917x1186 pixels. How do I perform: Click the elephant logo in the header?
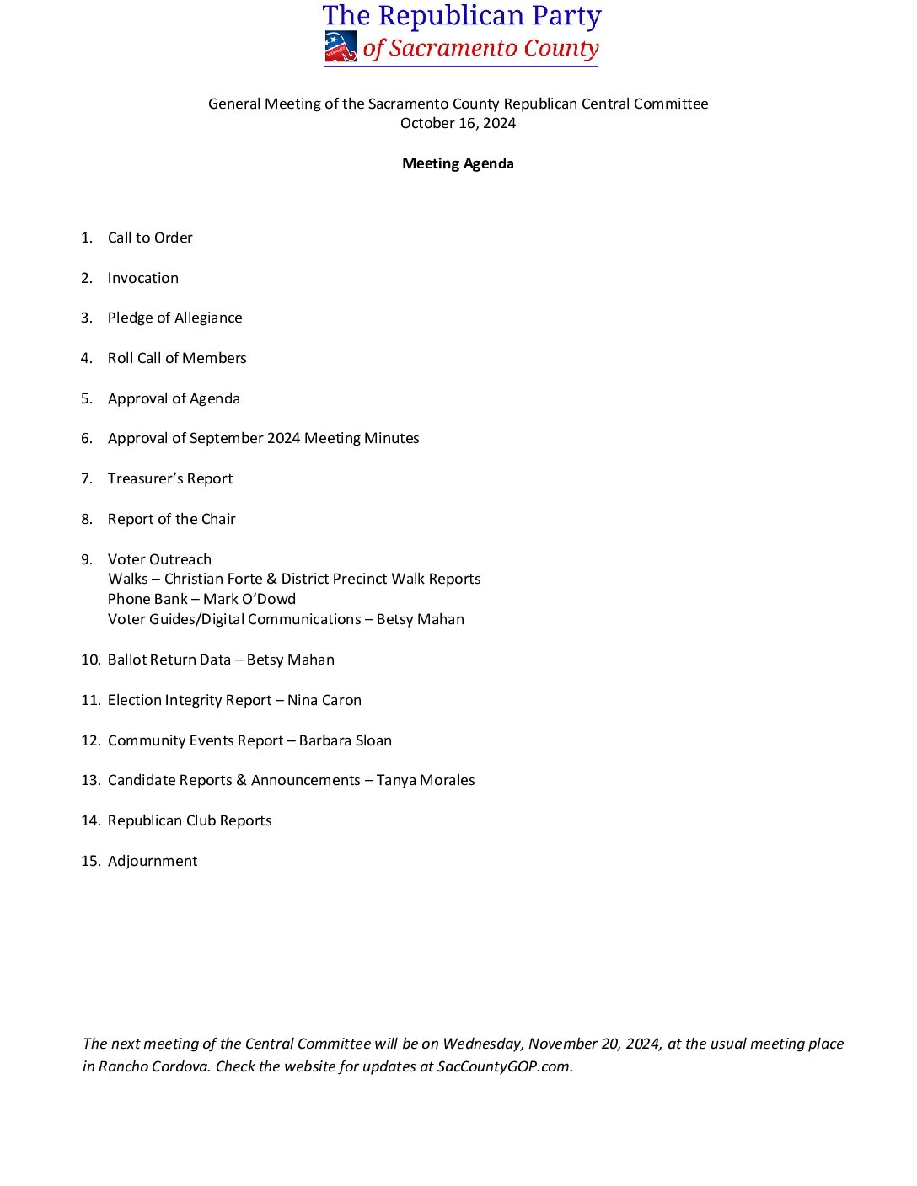(341, 47)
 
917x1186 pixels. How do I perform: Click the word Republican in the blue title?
(451, 16)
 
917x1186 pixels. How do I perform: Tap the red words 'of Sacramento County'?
(480, 49)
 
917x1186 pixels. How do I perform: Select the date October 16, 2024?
(458, 123)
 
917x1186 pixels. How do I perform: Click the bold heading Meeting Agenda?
(458, 163)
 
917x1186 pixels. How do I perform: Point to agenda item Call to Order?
(150, 238)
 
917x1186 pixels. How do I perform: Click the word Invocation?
(143, 278)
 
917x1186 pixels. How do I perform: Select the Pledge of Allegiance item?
(174, 318)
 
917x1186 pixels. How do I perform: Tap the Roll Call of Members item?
(177, 358)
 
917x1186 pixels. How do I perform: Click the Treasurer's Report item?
(170, 478)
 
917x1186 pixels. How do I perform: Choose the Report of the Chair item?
(172, 519)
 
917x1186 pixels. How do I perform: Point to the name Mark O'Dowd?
(249, 599)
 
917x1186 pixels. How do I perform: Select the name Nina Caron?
(324, 700)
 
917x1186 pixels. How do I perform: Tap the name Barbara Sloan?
(346, 740)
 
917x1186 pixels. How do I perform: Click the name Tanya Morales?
(426, 780)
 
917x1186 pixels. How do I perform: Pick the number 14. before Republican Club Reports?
(90, 820)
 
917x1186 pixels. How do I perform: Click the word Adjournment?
(153, 861)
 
